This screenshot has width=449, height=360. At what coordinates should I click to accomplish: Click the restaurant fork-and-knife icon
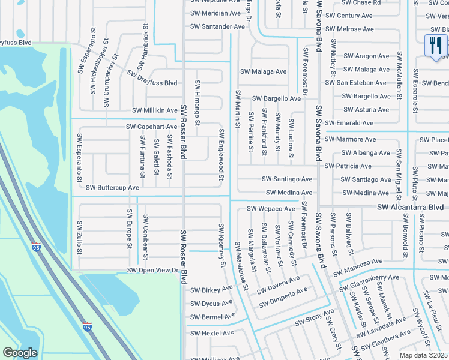436,46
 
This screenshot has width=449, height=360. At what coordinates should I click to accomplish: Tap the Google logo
20,353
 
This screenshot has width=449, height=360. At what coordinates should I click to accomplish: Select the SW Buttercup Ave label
112,188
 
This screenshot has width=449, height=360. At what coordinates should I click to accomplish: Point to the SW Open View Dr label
154,271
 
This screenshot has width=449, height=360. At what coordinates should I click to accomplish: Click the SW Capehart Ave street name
151,127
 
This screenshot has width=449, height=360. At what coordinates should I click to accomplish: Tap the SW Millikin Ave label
155,111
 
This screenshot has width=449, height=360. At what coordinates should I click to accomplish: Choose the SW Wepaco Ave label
272,209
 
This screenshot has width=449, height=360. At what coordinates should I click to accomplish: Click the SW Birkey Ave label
211,290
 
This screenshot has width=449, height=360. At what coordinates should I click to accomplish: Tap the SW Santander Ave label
217,26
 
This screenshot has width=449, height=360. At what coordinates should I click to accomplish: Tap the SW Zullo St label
79,237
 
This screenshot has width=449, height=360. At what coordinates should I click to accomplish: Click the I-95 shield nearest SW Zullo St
37,247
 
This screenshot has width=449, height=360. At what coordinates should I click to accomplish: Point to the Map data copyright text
424,355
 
